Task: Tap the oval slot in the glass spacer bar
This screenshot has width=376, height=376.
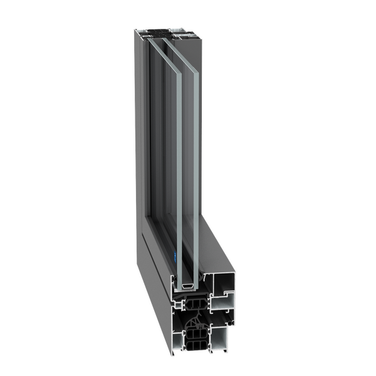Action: (x=187, y=286)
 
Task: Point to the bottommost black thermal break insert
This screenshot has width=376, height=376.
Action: (x=196, y=347)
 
